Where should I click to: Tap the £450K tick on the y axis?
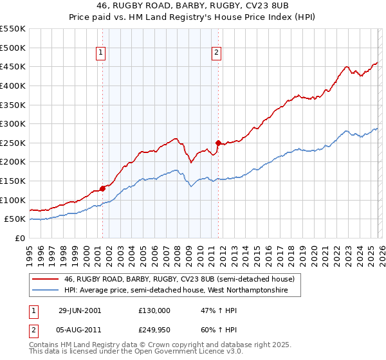pyautogui.click(x=13, y=67)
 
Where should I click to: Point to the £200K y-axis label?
pyautogui.click(x=13, y=162)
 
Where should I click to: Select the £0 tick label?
pyautogui.click(x=19, y=238)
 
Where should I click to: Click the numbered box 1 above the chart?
pyautogui.click(x=102, y=53)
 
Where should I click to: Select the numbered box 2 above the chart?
pyautogui.click(x=217, y=53)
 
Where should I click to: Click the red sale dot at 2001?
pyautogui.click(x=103, y=188)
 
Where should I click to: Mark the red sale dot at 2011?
pyautogui.click(x=218, y=143)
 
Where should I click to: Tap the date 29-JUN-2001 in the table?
pyautogui.click(x=79, y=310)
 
